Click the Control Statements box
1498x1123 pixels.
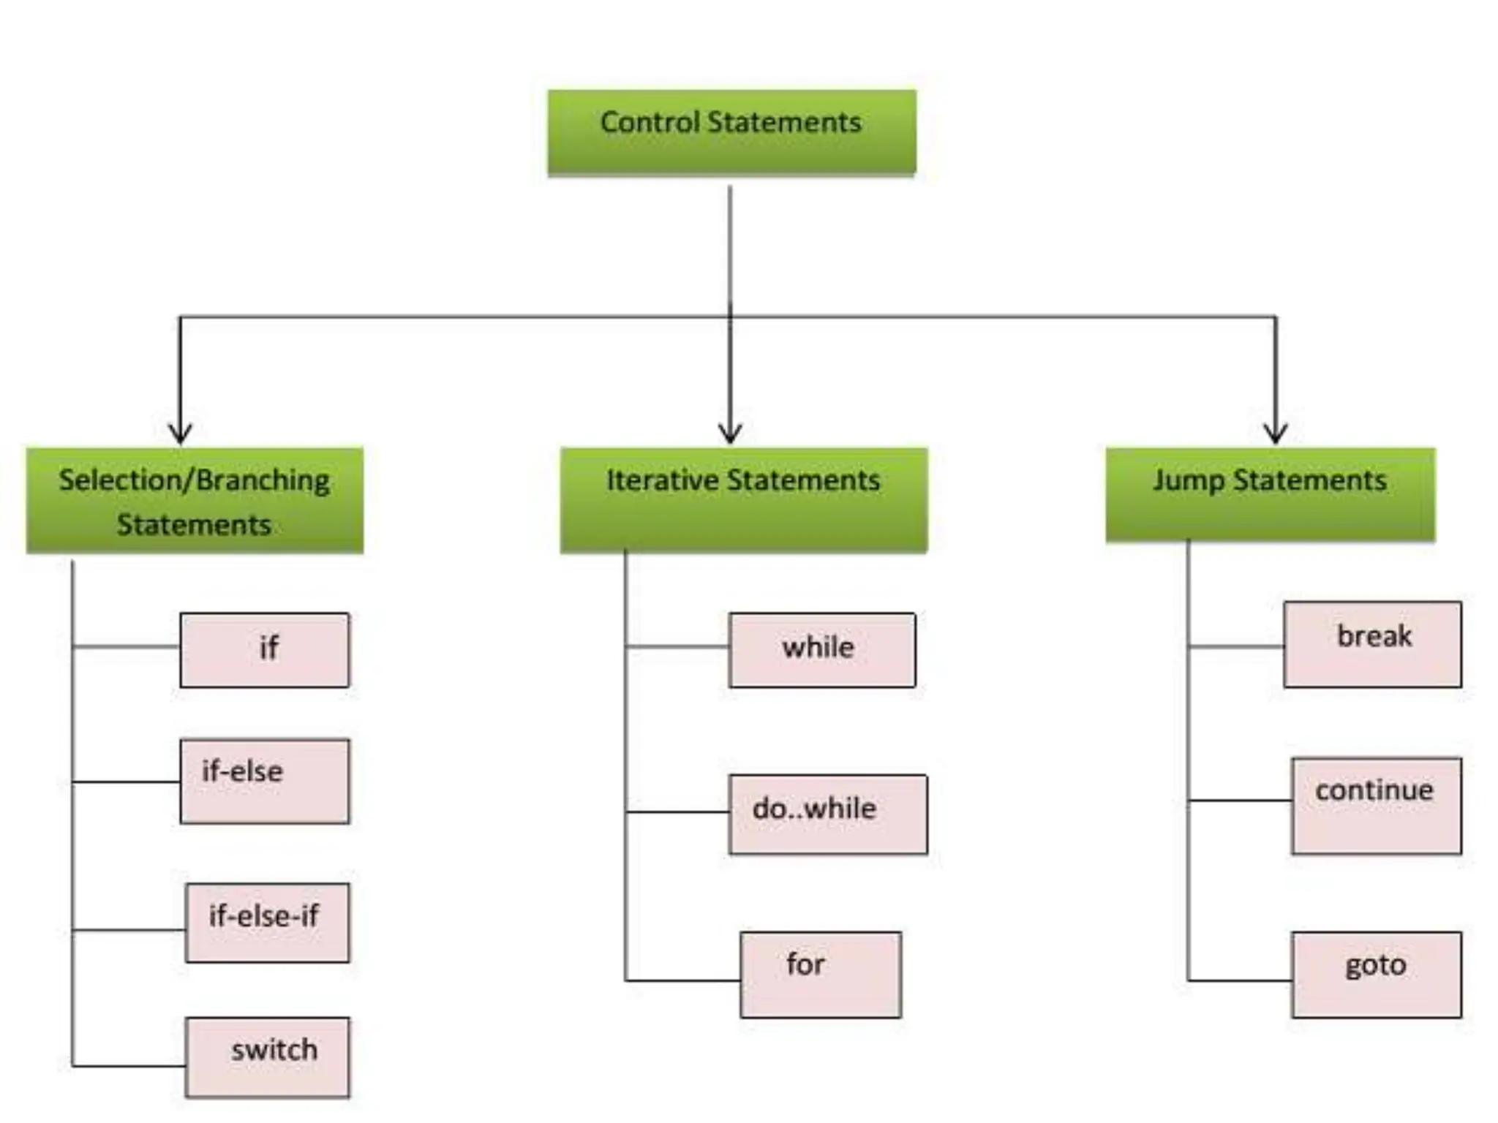731,133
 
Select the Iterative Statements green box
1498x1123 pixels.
743,500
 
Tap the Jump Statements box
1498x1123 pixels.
1270,495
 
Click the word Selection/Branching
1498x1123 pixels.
194,480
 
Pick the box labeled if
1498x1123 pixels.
265,650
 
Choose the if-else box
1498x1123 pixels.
265,781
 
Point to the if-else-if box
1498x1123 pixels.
267,923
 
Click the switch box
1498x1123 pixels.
267,1057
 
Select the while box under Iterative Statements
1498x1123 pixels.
821,650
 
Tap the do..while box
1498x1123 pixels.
827,814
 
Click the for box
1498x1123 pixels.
820,975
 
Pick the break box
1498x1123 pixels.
1372,644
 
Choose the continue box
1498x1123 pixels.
1376,806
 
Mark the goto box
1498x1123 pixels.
1376,975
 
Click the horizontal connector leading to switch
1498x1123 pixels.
129,1066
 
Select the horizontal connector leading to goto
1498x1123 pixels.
1240,980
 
